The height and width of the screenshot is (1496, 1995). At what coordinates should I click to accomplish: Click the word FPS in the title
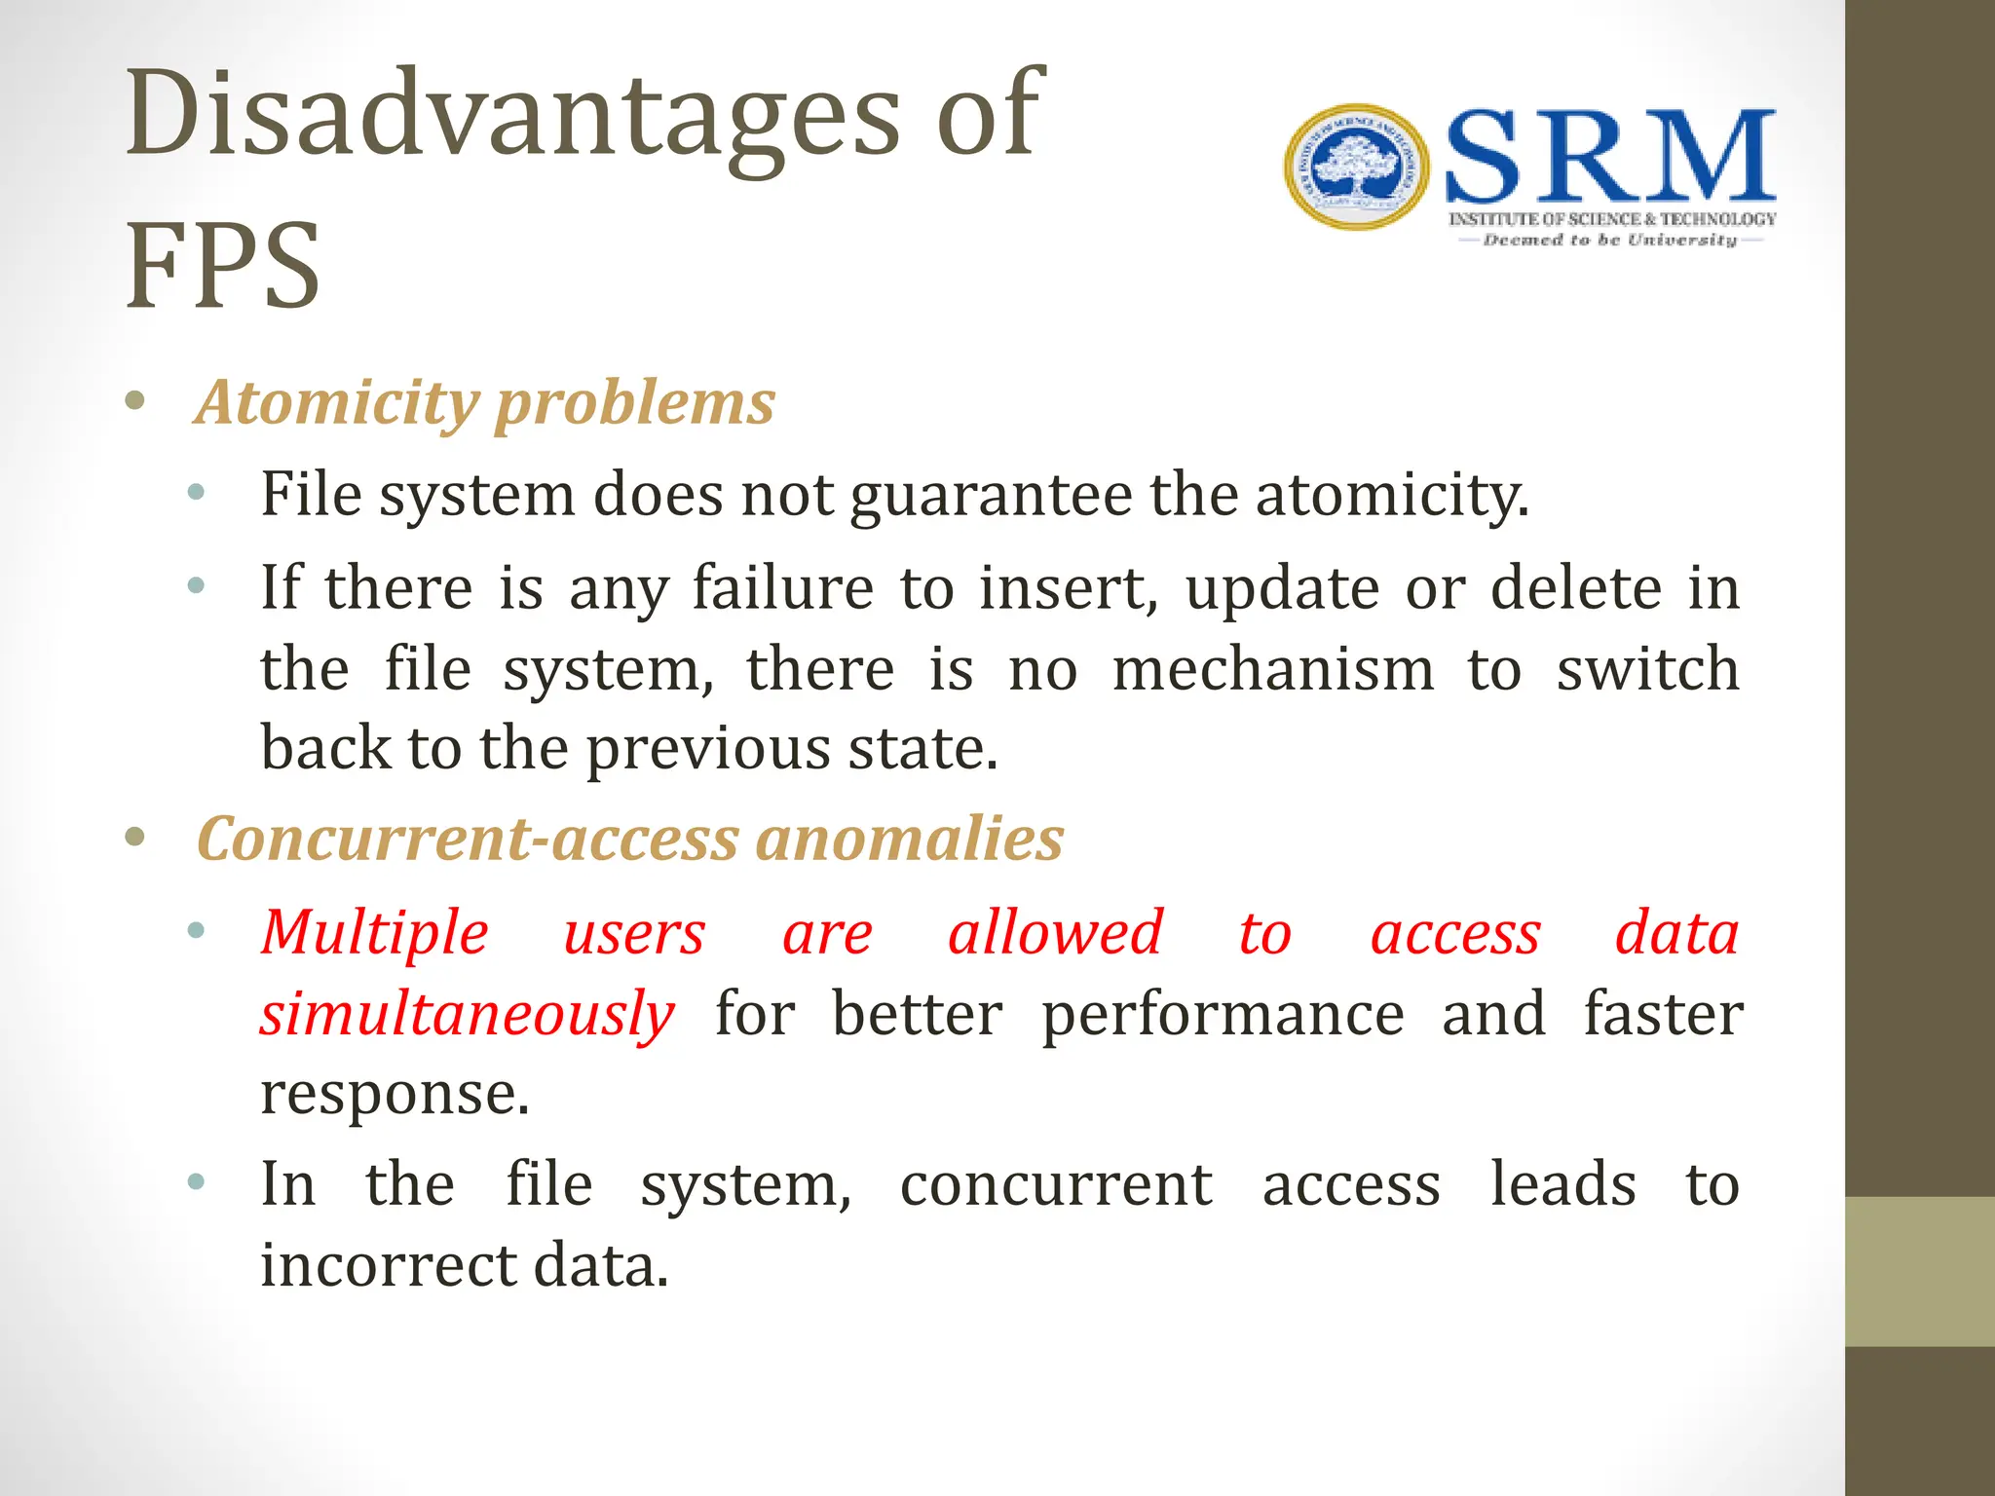click(223, 266)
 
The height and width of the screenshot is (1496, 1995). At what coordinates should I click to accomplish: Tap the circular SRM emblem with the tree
click(1356, 168)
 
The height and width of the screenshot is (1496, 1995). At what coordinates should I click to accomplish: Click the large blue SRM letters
click(1610, 158)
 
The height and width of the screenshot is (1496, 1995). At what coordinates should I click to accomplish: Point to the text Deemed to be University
click(1609, 241)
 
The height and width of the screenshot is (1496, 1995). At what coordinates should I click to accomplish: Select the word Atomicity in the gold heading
click(336, 402)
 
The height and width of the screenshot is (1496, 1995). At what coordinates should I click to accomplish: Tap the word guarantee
click(991, 496)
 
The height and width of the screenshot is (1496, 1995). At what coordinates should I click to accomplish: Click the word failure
click(782, 588)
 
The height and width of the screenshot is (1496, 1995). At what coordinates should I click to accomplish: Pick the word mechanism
click(1273, 670)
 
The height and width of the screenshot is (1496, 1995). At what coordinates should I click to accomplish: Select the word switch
click(1647, 670)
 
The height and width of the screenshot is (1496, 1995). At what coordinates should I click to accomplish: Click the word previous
click(708, 750)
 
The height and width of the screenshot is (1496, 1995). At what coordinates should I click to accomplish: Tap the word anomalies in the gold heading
click(910, 840)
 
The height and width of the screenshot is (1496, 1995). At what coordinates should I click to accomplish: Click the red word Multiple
click(375, 934)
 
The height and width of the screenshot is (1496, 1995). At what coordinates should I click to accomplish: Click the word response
click(395, 1095)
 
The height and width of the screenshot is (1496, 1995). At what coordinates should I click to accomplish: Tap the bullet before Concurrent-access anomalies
click(135, 837)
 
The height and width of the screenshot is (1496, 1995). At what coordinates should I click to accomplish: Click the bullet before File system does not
click(197, 494)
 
